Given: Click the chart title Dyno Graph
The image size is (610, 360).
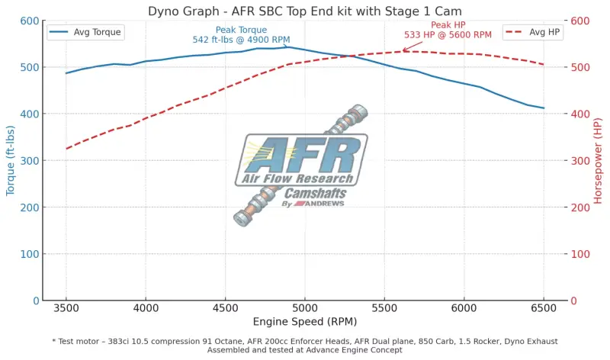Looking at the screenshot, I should point(305,11).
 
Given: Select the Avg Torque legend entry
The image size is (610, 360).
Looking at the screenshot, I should point(85,32).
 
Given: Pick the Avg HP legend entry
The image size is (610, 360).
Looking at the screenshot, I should point(533,32).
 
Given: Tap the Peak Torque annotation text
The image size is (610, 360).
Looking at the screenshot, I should point(240,34).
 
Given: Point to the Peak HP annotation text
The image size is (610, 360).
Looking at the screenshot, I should point(448,30).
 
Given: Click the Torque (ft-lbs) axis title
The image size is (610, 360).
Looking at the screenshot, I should point(11,161).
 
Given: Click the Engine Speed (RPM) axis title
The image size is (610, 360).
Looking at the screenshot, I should point(305,322).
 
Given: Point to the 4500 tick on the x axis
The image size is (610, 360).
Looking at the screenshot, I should point(225,308).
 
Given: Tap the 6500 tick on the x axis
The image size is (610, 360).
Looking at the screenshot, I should point(544,308).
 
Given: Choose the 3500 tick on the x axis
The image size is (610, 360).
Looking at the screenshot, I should point(66,308).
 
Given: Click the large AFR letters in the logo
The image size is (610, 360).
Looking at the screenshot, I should point(305,156).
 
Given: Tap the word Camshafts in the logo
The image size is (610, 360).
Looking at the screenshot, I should point(316,194).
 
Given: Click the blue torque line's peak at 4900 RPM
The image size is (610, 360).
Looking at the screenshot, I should point(289,47).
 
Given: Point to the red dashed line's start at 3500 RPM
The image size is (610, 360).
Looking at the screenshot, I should point(66,148).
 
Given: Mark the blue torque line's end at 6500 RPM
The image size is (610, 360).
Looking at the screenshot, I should point(544,108).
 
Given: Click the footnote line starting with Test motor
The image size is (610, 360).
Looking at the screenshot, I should point(305,341).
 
